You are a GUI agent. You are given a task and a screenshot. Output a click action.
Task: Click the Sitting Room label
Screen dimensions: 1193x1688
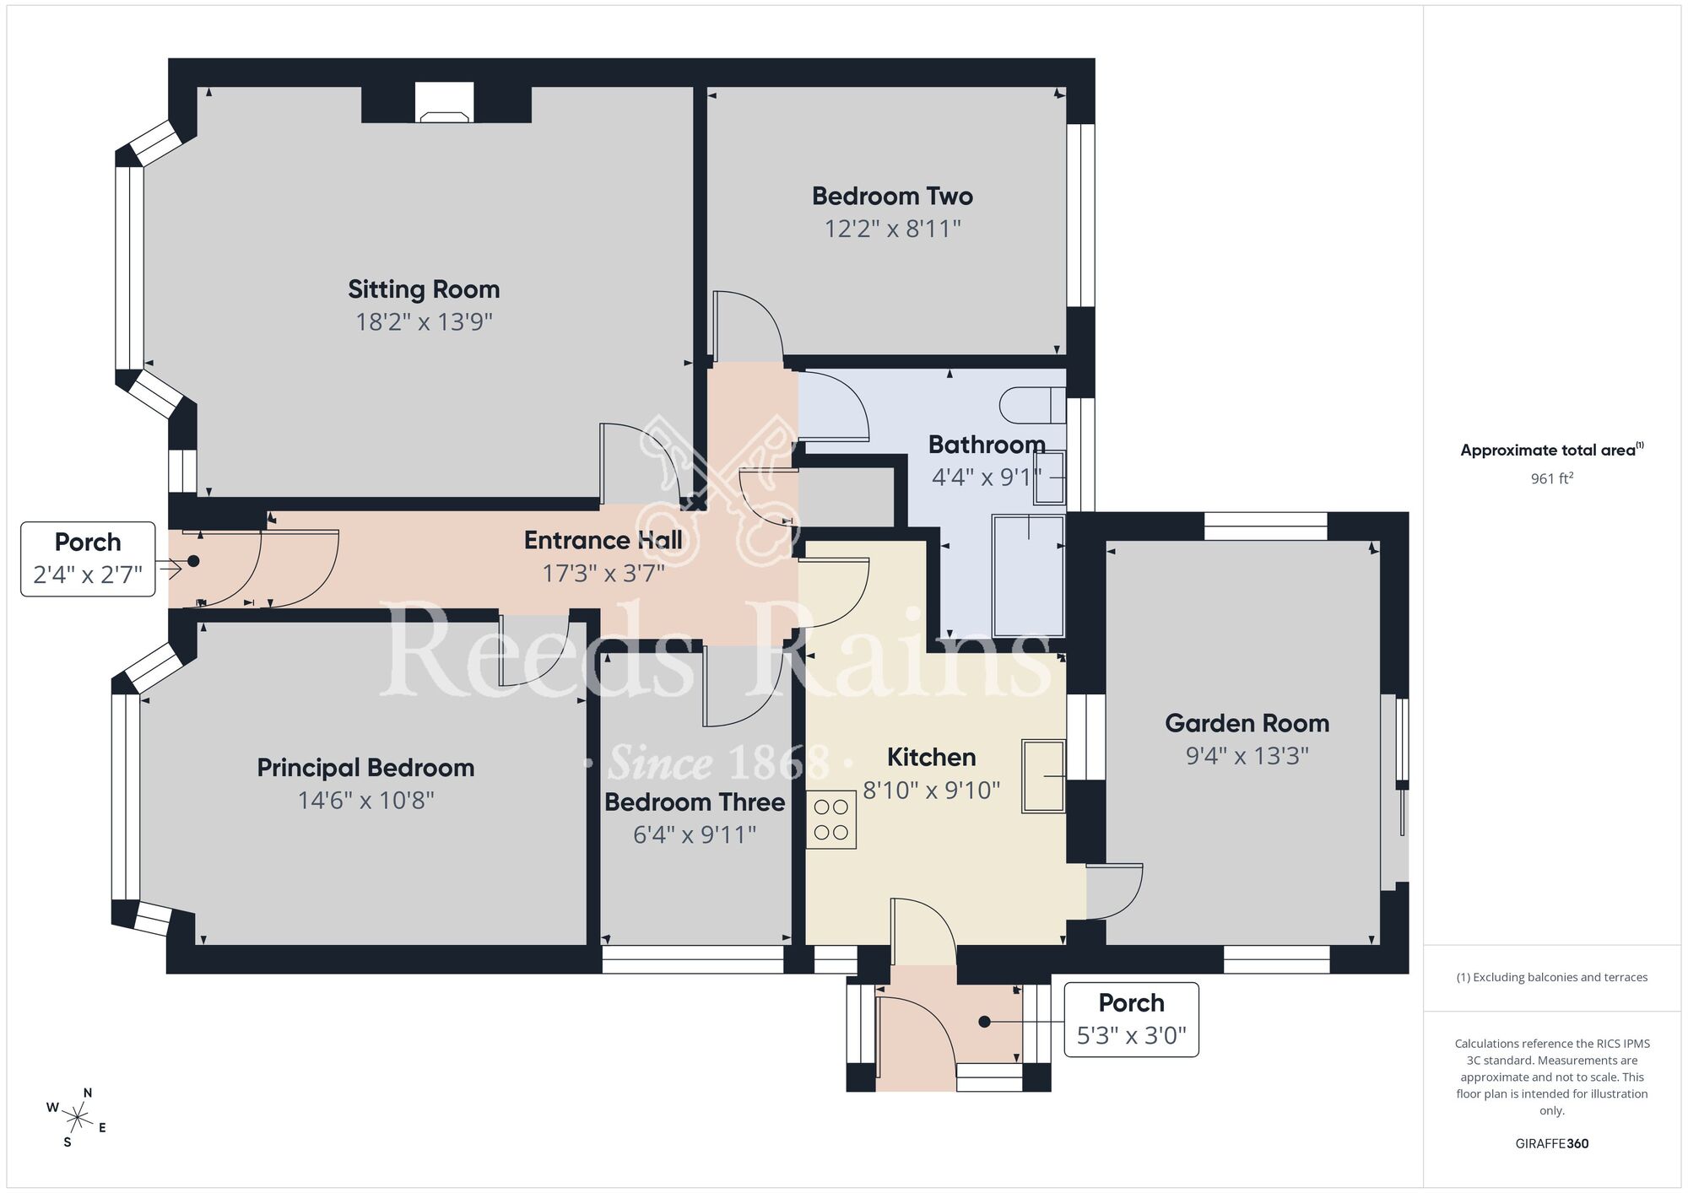coord(424,289)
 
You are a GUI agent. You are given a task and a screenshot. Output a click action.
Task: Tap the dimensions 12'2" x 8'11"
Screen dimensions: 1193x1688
coord(892,229)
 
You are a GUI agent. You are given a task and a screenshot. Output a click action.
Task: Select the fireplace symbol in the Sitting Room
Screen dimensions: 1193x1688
coord(445,104)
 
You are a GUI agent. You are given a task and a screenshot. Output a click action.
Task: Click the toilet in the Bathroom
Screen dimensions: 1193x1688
coord(1033,406)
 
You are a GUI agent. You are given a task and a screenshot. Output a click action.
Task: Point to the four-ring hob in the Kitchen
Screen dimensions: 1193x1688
coord(830,819)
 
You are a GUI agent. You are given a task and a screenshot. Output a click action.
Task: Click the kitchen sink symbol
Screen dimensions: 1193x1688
coord(1043,776)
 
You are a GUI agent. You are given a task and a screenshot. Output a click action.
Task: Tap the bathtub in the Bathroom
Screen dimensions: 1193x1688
coord(1028,575)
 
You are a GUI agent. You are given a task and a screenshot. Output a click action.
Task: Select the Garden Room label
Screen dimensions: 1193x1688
coord(1247,723)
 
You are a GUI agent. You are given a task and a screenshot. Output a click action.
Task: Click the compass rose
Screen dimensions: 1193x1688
coord(77,1120)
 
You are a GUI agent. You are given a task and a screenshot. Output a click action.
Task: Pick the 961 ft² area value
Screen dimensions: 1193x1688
coord(1551,478)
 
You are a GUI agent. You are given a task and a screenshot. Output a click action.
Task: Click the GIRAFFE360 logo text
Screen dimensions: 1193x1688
coord(1551,1144)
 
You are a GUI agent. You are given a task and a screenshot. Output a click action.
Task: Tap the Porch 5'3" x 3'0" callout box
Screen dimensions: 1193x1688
coord(1131,1019)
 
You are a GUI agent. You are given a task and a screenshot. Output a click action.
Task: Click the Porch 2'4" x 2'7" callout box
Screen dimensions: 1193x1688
coord(88,559)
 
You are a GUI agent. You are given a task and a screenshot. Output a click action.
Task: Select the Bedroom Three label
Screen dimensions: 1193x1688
coord(695,802)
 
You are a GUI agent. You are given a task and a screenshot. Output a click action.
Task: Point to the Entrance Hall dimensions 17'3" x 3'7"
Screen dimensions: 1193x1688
coord(603,574)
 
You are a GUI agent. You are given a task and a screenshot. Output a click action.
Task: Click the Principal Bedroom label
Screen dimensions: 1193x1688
coord(365,768)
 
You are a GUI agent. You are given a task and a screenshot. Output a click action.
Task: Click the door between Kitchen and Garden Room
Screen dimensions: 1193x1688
coord(1114,891)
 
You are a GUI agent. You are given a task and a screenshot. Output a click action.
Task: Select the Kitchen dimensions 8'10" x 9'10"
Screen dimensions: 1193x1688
coord(931,791)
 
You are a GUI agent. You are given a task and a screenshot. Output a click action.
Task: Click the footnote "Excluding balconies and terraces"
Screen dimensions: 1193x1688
coord(1551,977)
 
